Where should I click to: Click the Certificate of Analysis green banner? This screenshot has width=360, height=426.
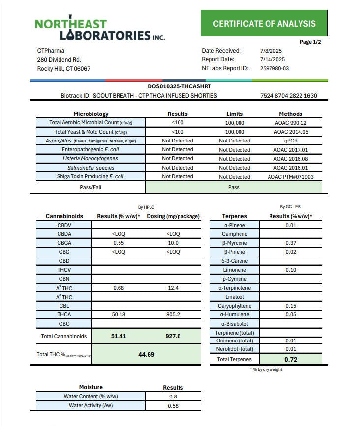tap(264, 23)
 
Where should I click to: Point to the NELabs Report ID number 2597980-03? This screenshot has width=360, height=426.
tap(274, 68)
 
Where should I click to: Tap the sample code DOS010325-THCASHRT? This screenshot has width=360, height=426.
tap(180, 86)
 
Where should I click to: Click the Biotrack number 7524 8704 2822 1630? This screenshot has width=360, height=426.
tap(288, 96)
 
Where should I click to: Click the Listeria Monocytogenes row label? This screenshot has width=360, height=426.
tap(90, 159)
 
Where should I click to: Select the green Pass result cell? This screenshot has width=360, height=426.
tap(234, 187)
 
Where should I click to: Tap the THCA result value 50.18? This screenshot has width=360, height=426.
tap(119, 314)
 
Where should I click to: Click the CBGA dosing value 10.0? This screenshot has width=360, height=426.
tap(173, 243)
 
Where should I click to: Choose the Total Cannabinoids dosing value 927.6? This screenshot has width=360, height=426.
tap(173, 336)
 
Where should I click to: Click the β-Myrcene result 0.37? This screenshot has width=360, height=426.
tap(290, 243)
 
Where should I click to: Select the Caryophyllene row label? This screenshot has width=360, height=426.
tap(235, 306)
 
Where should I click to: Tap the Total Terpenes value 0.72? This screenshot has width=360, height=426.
tap(290, 359)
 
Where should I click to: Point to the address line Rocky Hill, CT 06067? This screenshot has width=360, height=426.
tap(64, 69)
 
